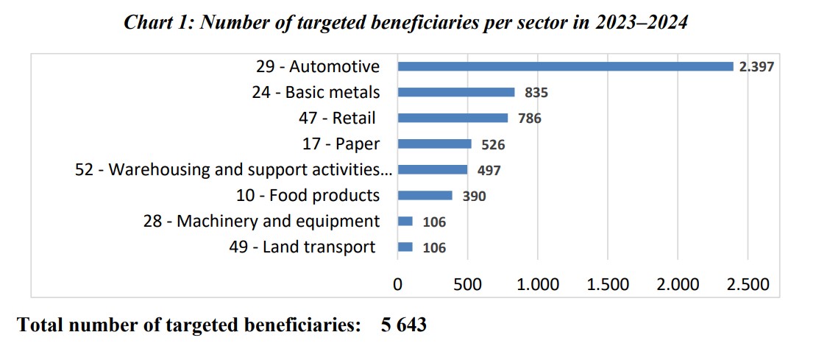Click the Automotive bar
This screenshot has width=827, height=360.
[x=565, y=66]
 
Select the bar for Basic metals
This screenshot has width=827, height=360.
[x=456, y=92]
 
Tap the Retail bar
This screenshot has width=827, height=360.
[x=452, y=118]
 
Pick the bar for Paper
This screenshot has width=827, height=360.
[x=434, y=144]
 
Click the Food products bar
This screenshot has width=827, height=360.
[x=425, y=195]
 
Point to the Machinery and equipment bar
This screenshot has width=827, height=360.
[x=405, y=221]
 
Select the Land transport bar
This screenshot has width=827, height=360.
[x=405, y=247]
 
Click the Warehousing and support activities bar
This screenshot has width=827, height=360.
[x=433, y=169]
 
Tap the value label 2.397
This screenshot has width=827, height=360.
[x=757, y=67]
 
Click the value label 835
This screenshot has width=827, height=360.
[x=536, y=93]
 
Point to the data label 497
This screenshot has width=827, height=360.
[x=489, y=170]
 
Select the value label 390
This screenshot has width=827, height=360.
[x=474, y=196]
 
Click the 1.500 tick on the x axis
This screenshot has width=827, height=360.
[x=607, y=284]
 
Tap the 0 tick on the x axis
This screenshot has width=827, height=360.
[x=397, y=284]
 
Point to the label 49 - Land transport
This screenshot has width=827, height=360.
[x=302, y=247]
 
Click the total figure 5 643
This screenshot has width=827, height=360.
[x=403, y=325]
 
